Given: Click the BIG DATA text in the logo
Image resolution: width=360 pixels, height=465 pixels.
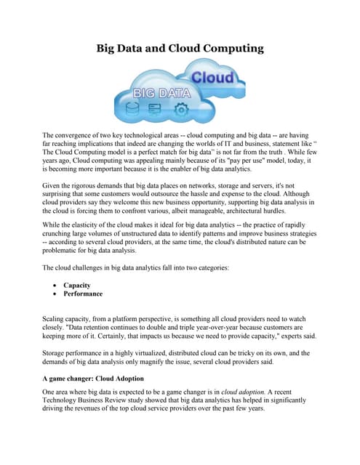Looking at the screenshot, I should [x=161, y=94].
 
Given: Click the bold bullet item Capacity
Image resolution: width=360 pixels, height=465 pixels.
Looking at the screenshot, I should [x=78, y=286].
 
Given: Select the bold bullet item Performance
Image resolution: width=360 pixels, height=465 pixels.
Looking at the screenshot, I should [x=83, y=294].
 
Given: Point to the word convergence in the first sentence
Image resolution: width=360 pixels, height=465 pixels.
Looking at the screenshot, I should [x=76, y=136].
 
